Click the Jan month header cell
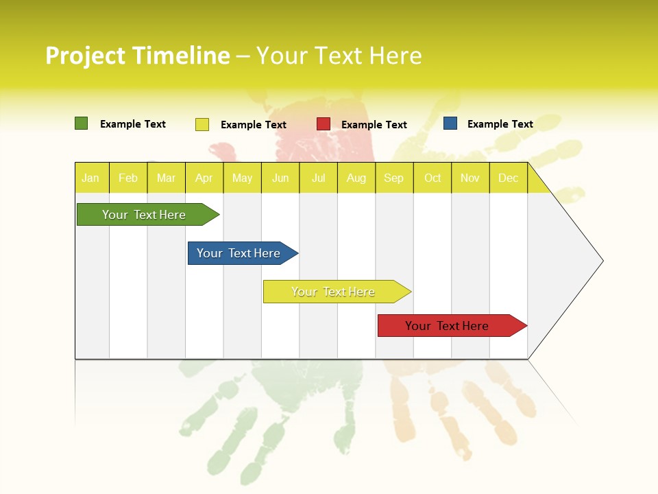coord(91,178)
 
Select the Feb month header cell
coord(128,178)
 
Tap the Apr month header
coord(204,178)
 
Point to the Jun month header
coord(280,178)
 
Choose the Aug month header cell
coord(356,178)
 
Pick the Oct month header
coord(432,178)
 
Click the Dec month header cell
coord(509,178)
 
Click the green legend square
coord(81,123)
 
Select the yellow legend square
coord(202,124)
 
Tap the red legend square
coord(323,124)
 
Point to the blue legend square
coord(450,123)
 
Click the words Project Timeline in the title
coord(138,56)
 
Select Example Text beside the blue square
coord(500,124)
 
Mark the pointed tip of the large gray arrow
coord(602,261)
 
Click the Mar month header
coord(166,178)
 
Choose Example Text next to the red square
coord(374,125)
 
